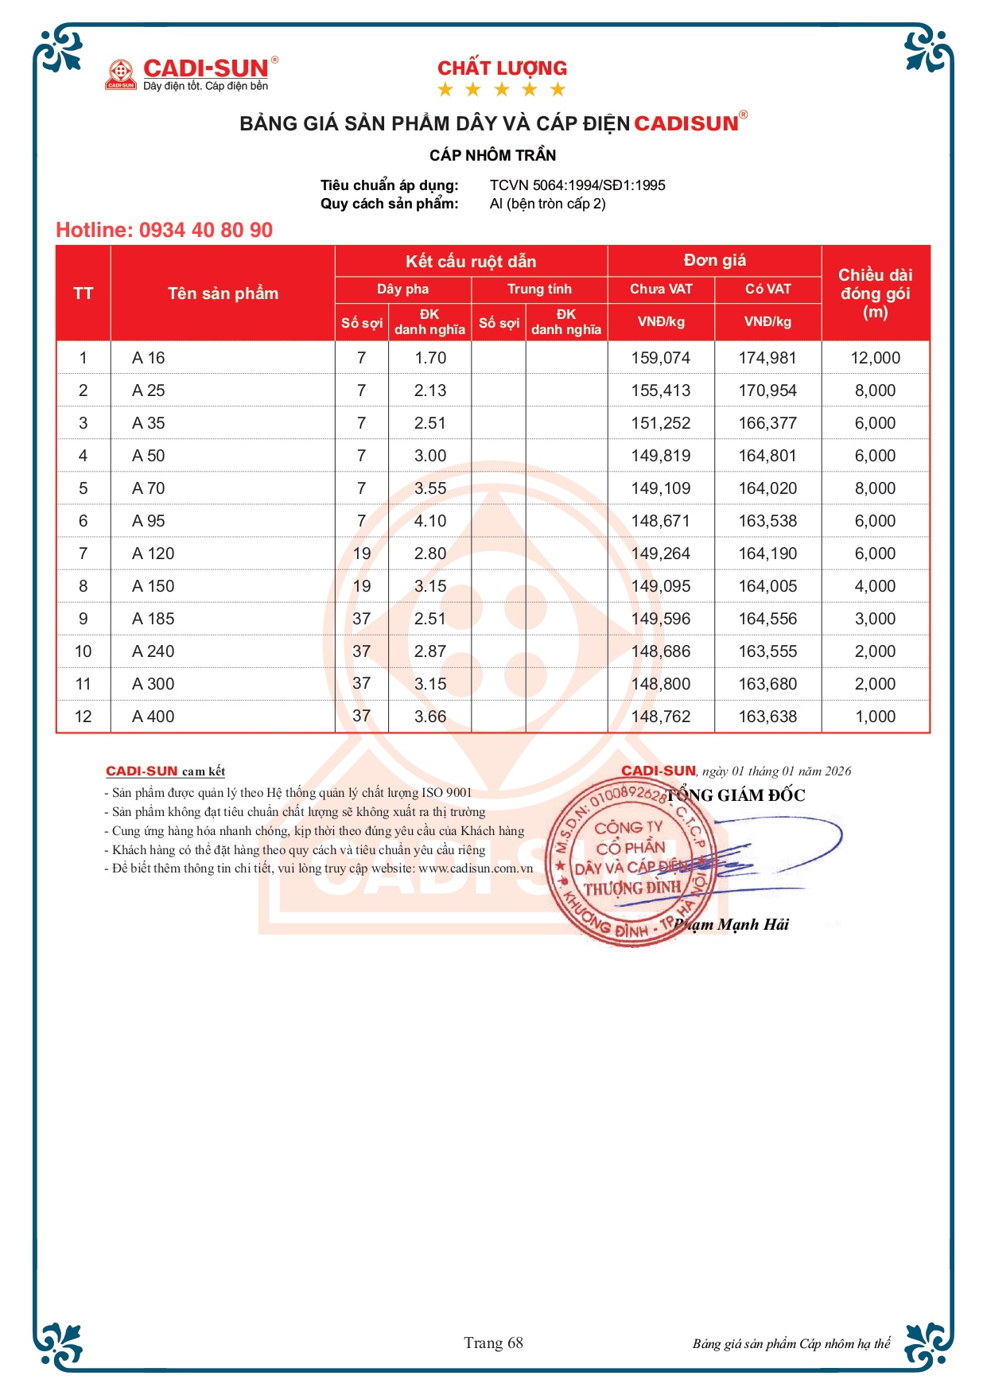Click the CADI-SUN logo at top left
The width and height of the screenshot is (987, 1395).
tap(192, 74)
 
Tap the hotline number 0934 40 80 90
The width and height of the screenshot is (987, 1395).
tap(205, 231)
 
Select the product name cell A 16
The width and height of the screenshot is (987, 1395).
tap(149, 358)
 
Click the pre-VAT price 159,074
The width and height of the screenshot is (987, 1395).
tap(660, 358)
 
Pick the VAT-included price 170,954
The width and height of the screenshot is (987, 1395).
tap(767, 391)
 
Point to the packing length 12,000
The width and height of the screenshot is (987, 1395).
tap(875, 358)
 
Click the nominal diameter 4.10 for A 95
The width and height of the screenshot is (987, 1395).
tap(429, 521)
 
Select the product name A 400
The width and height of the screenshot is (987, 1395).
tap(153, 717)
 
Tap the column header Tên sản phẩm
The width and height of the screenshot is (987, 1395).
tap(223, 293)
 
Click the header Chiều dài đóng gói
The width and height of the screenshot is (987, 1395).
tap(875, 293)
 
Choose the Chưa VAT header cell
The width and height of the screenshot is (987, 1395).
tap(660, 289)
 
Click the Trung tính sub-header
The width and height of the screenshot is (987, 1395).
tap(539, 289)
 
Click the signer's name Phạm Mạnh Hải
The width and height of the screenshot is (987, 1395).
tap(731, 924)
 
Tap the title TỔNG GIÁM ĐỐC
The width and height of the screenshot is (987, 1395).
tap(736, 795)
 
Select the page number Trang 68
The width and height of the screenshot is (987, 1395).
tap(493, 1343)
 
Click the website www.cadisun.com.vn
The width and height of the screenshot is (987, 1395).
tap(476, 868)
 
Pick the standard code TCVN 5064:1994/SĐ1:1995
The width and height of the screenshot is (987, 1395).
tap(577, 185)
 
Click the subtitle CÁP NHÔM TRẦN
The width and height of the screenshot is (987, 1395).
tap(492, 155)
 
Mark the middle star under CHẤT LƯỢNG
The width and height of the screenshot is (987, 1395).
tap(502, 89)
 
